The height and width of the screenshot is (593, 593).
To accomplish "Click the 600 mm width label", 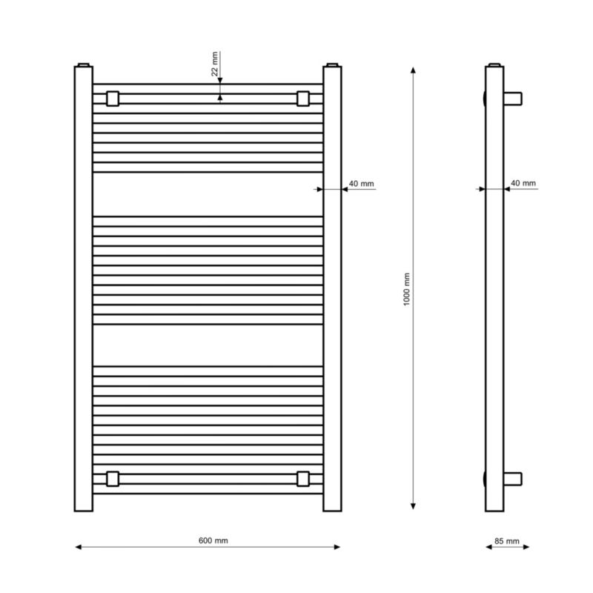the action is point(213,540).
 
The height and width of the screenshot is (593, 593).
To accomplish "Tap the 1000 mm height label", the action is point(406,289).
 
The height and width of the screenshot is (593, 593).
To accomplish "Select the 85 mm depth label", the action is point(507,541).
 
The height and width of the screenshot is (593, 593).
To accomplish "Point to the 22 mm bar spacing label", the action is point(214,64).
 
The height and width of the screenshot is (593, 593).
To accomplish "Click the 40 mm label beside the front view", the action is point(361,183).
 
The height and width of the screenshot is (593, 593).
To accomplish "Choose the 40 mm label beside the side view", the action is point(523,183).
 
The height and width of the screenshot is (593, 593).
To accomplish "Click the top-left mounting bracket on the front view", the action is point(113,99).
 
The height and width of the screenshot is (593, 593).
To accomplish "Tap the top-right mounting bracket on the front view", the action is point(303,99).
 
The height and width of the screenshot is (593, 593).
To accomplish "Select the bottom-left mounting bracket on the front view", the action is point(113,479).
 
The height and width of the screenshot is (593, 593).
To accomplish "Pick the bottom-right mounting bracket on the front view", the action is point(303,479).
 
